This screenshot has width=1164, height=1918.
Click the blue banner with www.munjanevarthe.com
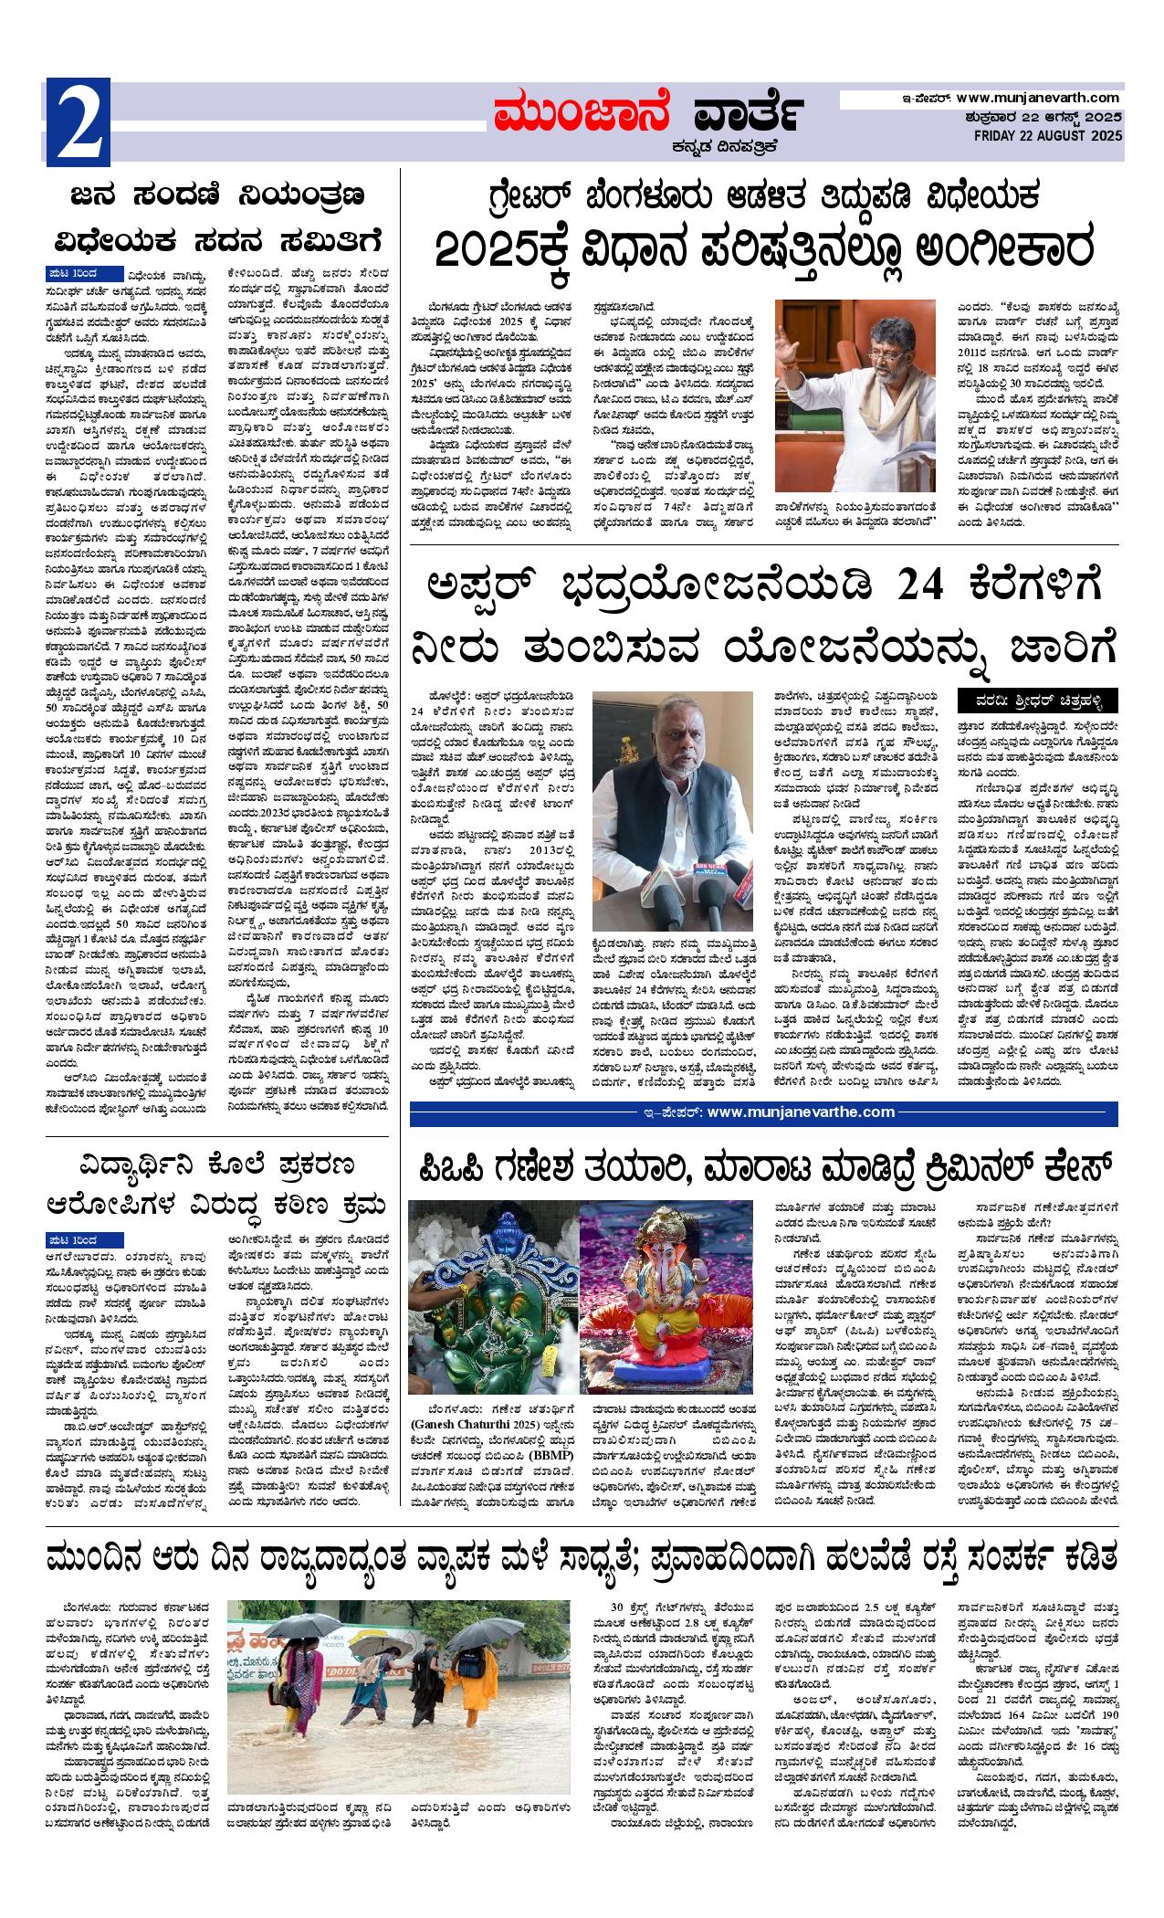point(763,1112)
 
